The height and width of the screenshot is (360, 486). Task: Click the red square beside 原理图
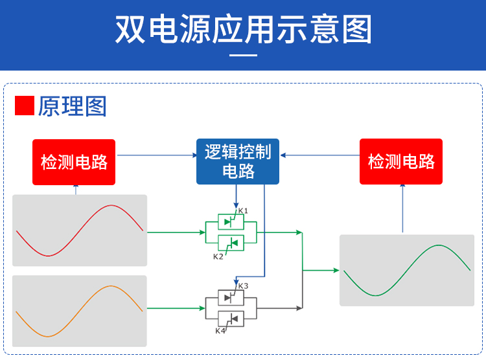pyautogui.click(x=24, y=106)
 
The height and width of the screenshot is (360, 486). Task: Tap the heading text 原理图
pyautogui.click(x=72, y=106)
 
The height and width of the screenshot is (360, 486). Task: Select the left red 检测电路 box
pyautogui.click(x=74, y=162)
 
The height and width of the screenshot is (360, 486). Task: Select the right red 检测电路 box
pyautogui.click(x=401, y=162)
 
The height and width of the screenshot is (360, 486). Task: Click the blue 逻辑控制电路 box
pyautogui.click(x=238, y=162)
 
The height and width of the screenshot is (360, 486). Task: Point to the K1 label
pyautogui.click(x=243, y=211)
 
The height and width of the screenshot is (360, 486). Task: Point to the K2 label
pyautogui.click(x=218, y=257)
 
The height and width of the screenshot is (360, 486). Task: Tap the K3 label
pyautogui.click(x=243, y=286)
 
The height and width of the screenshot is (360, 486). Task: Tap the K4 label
pyautogui.click(x=220, y=331)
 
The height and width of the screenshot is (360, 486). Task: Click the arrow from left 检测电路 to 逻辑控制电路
pyautogui.click(x=156, y=155)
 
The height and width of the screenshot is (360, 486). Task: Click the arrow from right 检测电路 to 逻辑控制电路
pyautogui.click(x=320, y=155)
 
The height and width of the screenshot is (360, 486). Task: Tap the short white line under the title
pyautogui.click(x=244, y=56)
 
